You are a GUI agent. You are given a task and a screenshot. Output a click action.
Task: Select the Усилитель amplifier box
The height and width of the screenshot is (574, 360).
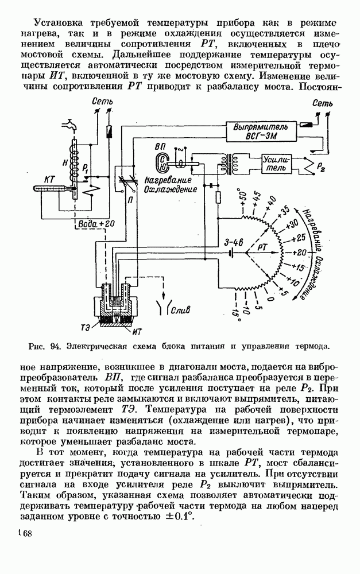coord(277,163)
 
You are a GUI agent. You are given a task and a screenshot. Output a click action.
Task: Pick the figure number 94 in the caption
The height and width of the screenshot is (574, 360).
coord(55,347)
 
